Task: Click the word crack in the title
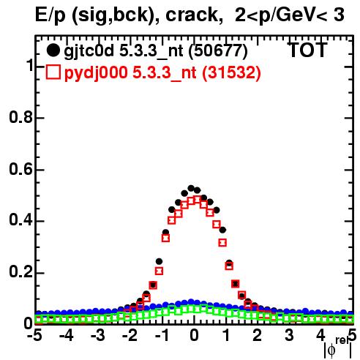click(x=191, y=15)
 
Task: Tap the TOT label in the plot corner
click(x=307, y=50)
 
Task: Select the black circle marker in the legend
click(x=53, y=50)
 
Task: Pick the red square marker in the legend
click(x=53, y=72)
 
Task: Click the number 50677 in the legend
click(x=218, y=50)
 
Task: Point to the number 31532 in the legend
click(x=231, y=72)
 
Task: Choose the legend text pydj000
click(x=96, y=73)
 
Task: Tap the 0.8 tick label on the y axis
click(x=20, y=117)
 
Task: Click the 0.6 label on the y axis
click(x=20, y=169)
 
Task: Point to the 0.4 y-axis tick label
click(x=20, y=220)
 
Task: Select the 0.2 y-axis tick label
click(x=20, y=272)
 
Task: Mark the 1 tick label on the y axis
click(x=29, y=65)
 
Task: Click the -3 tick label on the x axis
click(x=98, y=335)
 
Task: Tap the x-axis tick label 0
click(x=194, y=335)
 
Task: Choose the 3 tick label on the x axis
click(x=289, y=335)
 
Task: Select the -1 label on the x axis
click(x=162, y=335)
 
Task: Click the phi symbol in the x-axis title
click(x=331, y=350)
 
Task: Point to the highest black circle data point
click(x=191, y=188)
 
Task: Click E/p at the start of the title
click(x=50, y=16)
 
